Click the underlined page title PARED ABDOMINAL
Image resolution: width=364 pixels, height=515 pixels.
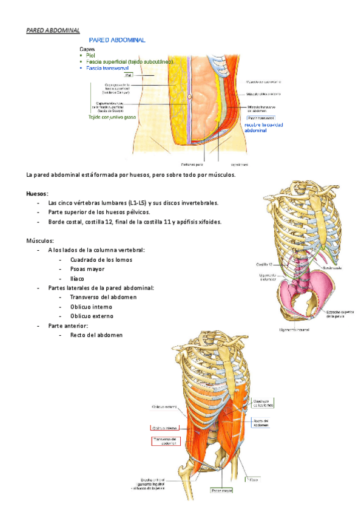[53, 30]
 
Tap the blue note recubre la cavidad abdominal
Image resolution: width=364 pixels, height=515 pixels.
[263, 126]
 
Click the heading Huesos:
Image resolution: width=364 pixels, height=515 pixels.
[38, 193]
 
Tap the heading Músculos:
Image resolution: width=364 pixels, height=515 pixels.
[41, 240]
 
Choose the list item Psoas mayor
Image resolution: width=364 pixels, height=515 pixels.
[87, 269]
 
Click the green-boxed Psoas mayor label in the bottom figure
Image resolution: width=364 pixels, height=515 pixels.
[221, 489]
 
